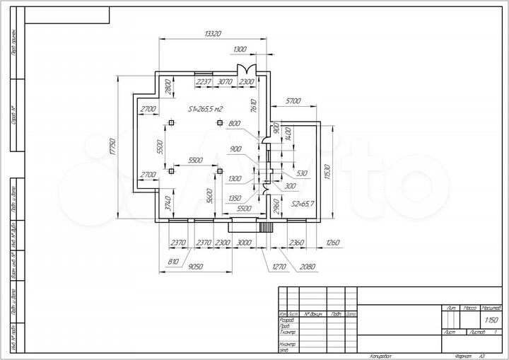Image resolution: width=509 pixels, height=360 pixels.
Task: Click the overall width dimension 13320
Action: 213,34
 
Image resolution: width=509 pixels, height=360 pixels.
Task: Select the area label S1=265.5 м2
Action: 205,109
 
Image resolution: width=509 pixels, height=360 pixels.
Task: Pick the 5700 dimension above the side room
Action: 293,101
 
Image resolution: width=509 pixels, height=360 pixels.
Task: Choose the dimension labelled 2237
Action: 204,83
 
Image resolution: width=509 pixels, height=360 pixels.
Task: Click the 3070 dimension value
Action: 226,83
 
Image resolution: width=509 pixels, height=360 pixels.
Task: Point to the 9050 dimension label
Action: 197,267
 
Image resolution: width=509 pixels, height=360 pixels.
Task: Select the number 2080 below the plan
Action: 308,267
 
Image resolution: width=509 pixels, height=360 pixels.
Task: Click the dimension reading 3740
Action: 168,204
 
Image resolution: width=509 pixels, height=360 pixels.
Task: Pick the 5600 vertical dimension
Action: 210,197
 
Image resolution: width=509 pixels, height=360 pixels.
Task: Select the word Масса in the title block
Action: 469,308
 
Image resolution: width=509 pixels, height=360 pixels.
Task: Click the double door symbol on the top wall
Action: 247,69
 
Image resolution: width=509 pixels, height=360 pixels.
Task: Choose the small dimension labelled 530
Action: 302,173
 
